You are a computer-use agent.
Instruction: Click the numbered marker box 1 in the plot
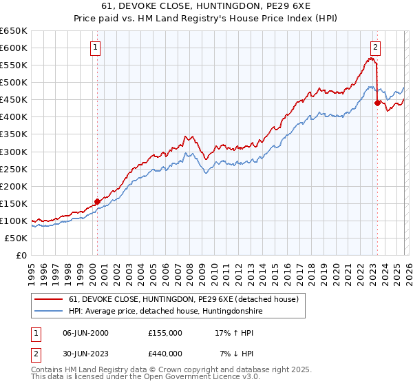[95, 48]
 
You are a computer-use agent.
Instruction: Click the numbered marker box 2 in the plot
[375, 48]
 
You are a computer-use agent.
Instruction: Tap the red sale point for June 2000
[97, 201]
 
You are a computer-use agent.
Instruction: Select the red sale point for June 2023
[377, 103]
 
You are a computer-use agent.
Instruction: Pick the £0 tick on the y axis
[21, 255]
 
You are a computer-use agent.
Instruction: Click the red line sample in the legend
[49, 300]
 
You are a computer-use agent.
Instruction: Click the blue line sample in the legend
[49, 312]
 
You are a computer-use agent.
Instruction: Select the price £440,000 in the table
[165, 354]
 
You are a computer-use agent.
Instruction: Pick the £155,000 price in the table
[165, 333]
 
